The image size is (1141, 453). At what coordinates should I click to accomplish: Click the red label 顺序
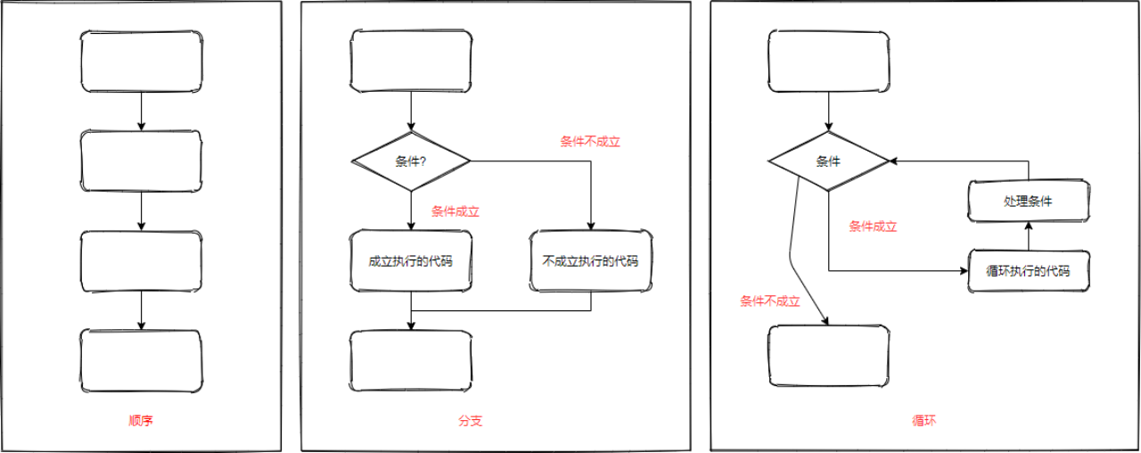(x=141, y=420)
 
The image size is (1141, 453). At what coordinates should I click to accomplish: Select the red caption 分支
(x=470, y=420)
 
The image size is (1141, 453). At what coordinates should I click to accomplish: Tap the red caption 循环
(x=924, y=420)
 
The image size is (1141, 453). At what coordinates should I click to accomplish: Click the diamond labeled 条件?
(x=411, y=161)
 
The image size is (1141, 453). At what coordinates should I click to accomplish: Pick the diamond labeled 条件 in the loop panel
(x=829, y=161)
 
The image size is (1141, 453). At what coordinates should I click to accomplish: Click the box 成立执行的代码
(x=411, y=261)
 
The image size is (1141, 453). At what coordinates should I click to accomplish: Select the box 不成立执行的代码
(x=590, y=261)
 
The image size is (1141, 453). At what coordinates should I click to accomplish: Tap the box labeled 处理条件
(x=1028, y=202)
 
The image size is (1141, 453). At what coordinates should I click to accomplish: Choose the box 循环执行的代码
(x=1028, y=271)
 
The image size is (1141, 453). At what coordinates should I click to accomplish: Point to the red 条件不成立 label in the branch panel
(x=589, y=141)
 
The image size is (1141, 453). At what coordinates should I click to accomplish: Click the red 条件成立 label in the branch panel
(x=456, y=211)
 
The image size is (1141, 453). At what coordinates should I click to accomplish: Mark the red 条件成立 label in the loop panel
(x=873, y=226)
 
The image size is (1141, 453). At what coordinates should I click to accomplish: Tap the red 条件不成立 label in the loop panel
(x=770, y=301)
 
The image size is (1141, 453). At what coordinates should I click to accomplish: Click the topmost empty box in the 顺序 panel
(x=141, y=62)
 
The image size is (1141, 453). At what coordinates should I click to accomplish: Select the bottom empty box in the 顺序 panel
(x=141, y=360)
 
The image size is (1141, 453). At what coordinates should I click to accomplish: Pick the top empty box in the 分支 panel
(x=411, y=62)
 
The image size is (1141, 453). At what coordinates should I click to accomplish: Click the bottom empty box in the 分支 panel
(x=411, y=360)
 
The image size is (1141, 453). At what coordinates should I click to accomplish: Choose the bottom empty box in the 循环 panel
(x=829, y=355)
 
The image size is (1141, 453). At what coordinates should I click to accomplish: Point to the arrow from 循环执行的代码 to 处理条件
(x=1028, y=237)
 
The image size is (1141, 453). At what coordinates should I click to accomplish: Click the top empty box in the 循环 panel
(x=829, y=62)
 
